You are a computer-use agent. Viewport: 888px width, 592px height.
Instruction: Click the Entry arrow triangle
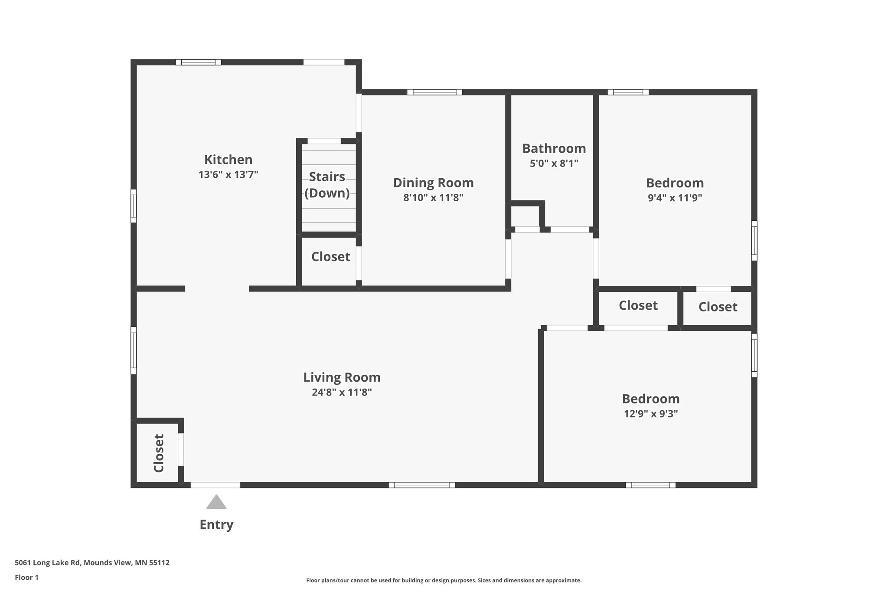216,503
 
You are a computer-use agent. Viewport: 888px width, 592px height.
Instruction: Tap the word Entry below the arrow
216,525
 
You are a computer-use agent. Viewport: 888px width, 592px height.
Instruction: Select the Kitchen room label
228,160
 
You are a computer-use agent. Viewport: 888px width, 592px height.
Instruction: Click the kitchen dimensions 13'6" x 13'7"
228,175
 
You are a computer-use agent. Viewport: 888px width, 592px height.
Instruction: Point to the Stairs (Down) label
327,185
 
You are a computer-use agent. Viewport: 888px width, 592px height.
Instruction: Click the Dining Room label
433,183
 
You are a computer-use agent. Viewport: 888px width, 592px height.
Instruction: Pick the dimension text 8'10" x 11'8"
433,198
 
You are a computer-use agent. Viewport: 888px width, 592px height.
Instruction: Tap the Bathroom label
554,148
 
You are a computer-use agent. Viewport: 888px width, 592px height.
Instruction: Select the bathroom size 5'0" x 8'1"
554,164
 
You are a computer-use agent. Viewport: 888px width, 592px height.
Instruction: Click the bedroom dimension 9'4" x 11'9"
675,198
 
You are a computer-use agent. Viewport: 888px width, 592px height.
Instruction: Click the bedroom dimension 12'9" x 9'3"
650,414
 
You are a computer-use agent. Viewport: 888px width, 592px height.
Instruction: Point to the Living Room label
342,377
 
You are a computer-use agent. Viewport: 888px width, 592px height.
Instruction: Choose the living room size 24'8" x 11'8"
342,392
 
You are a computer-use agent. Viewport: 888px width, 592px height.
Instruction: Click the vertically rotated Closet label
159,453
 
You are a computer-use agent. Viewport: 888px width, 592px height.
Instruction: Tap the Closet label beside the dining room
330,257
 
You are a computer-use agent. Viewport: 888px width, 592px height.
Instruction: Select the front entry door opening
215,485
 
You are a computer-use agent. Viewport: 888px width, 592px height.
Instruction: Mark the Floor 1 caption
26,577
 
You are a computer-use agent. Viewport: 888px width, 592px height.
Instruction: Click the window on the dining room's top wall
434,92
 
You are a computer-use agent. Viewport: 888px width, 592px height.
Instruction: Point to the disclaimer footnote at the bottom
444,580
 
